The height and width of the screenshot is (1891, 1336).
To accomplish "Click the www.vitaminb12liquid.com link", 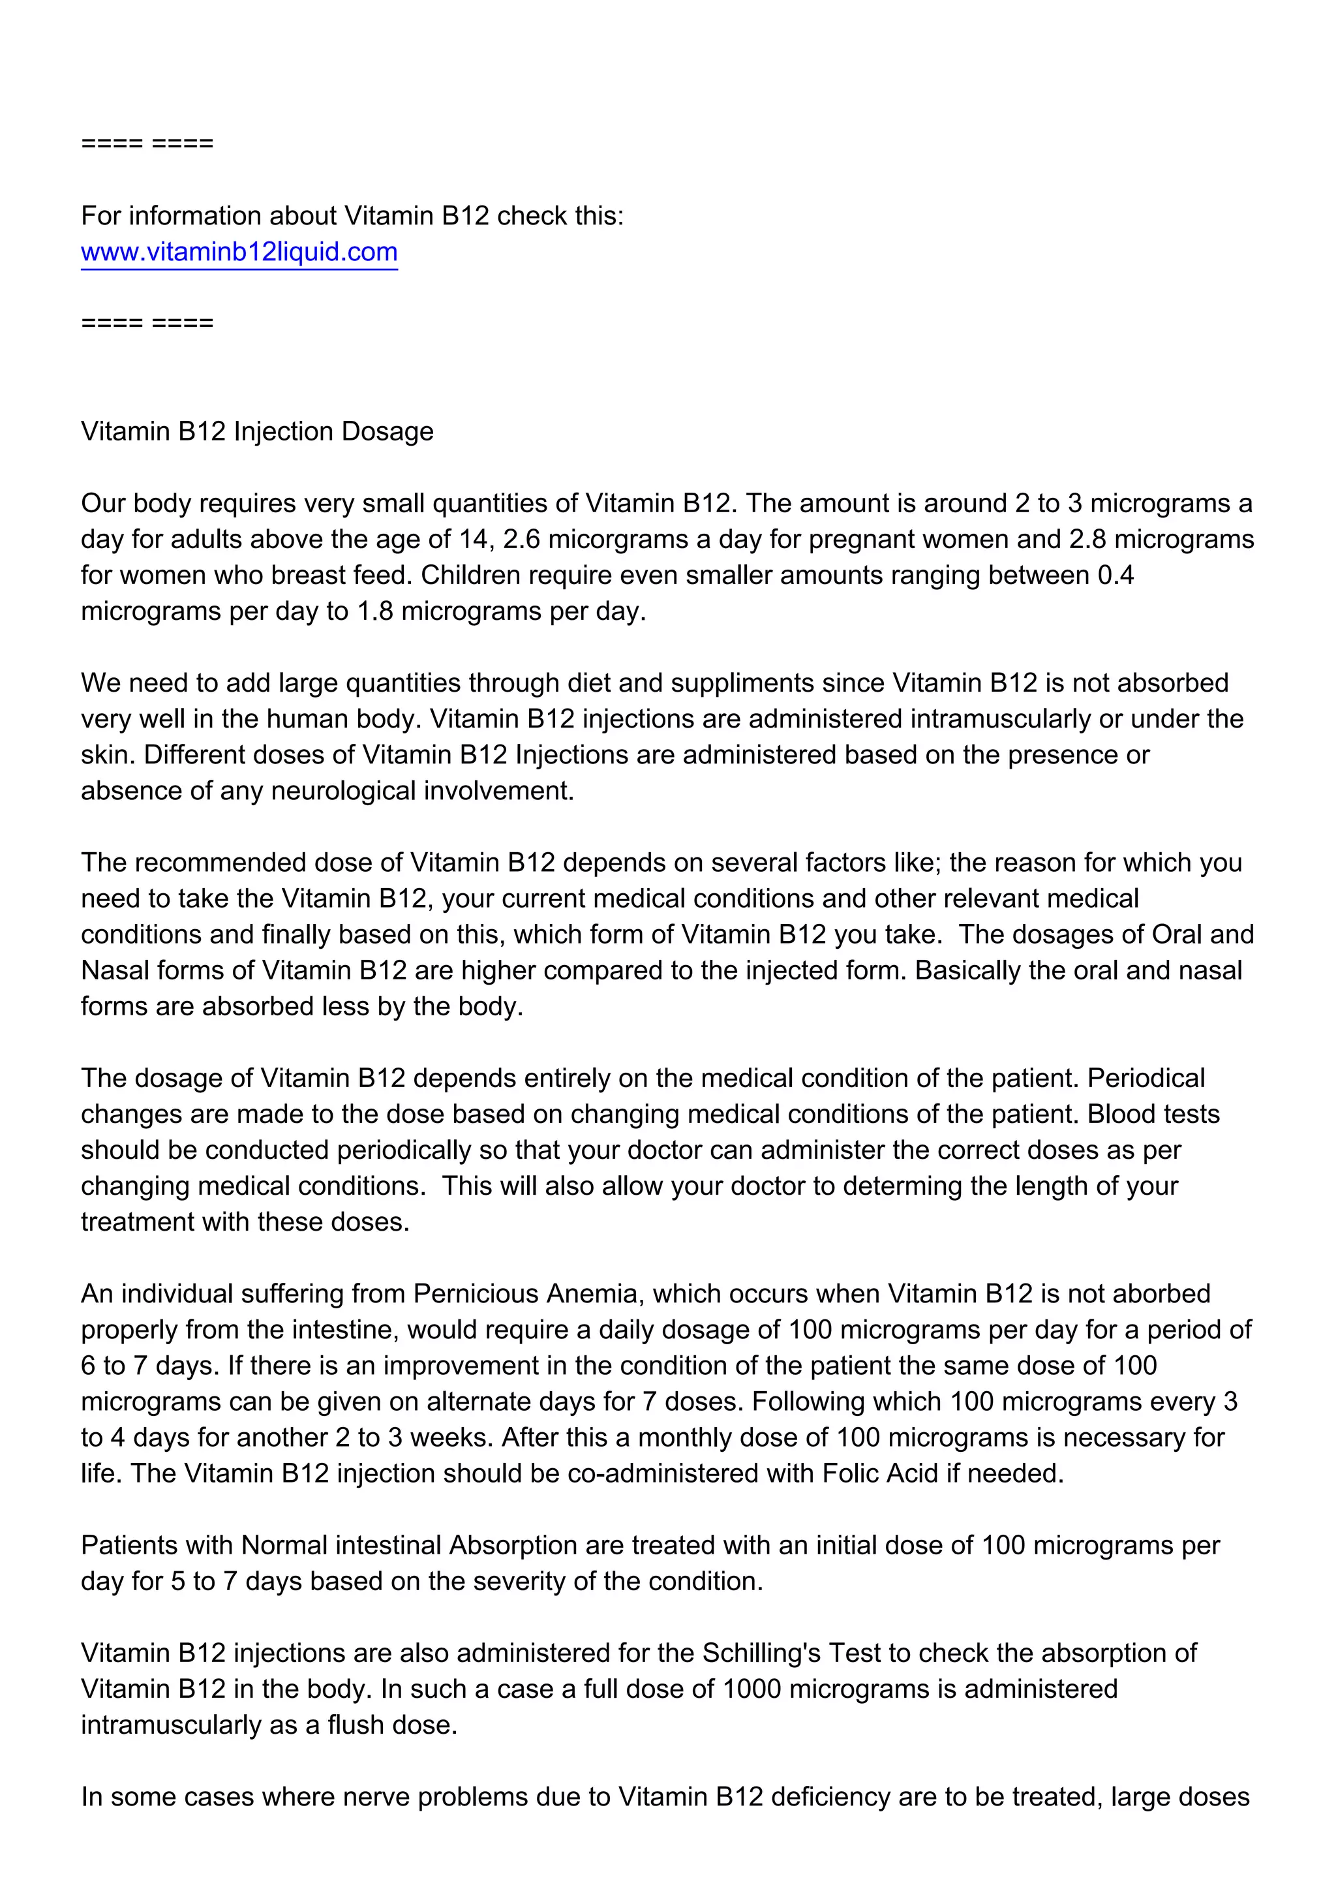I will (x=239, y=251).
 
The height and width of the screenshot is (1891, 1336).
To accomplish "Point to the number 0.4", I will (x=1116, y=575).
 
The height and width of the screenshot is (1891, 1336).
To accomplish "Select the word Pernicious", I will (x=476, y=1294).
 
